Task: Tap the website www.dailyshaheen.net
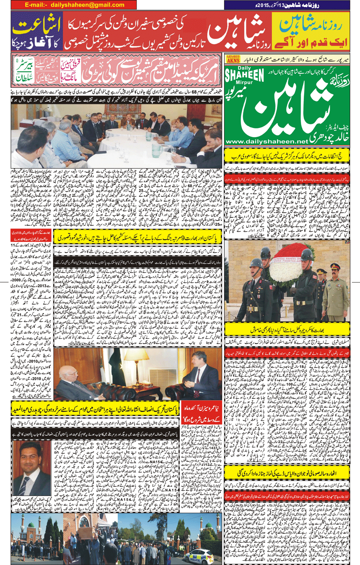pyautogui.click(x=267, y=142)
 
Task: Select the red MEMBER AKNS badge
pyautogui.click(x=233, y=59)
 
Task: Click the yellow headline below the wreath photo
pyautogui.click(x=287, y=329)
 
